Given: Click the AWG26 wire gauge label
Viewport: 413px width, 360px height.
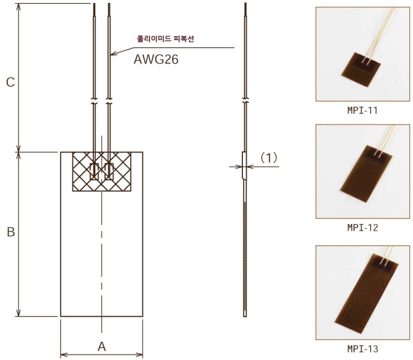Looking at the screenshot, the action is [156, 60].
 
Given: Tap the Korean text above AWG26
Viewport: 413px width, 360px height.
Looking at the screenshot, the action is [166, 39].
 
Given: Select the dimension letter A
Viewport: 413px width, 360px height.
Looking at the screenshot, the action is [102, 346].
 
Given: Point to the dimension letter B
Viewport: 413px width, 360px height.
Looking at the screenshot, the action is [11, 232].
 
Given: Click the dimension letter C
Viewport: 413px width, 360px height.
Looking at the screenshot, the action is [10, 82].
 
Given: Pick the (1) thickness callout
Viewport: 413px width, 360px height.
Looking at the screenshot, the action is [268, 158].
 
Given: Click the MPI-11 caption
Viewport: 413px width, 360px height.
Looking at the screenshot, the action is [362, 110].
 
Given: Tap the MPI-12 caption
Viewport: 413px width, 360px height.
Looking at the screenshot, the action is [362, 228].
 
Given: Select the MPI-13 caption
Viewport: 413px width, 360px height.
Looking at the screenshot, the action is [362, 349].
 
